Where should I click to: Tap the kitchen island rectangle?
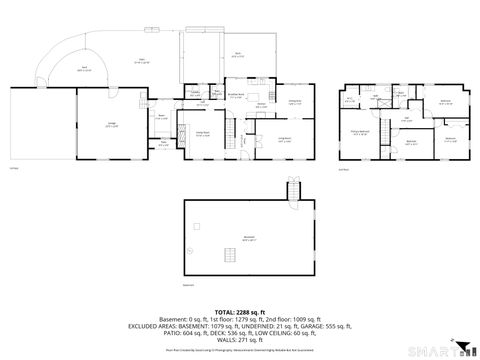click(x=261, y=112)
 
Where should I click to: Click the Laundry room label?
click(x=198, y=93)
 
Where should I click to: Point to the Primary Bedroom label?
click(x=361, y=132)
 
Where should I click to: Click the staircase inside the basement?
click(x=230, y=257)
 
